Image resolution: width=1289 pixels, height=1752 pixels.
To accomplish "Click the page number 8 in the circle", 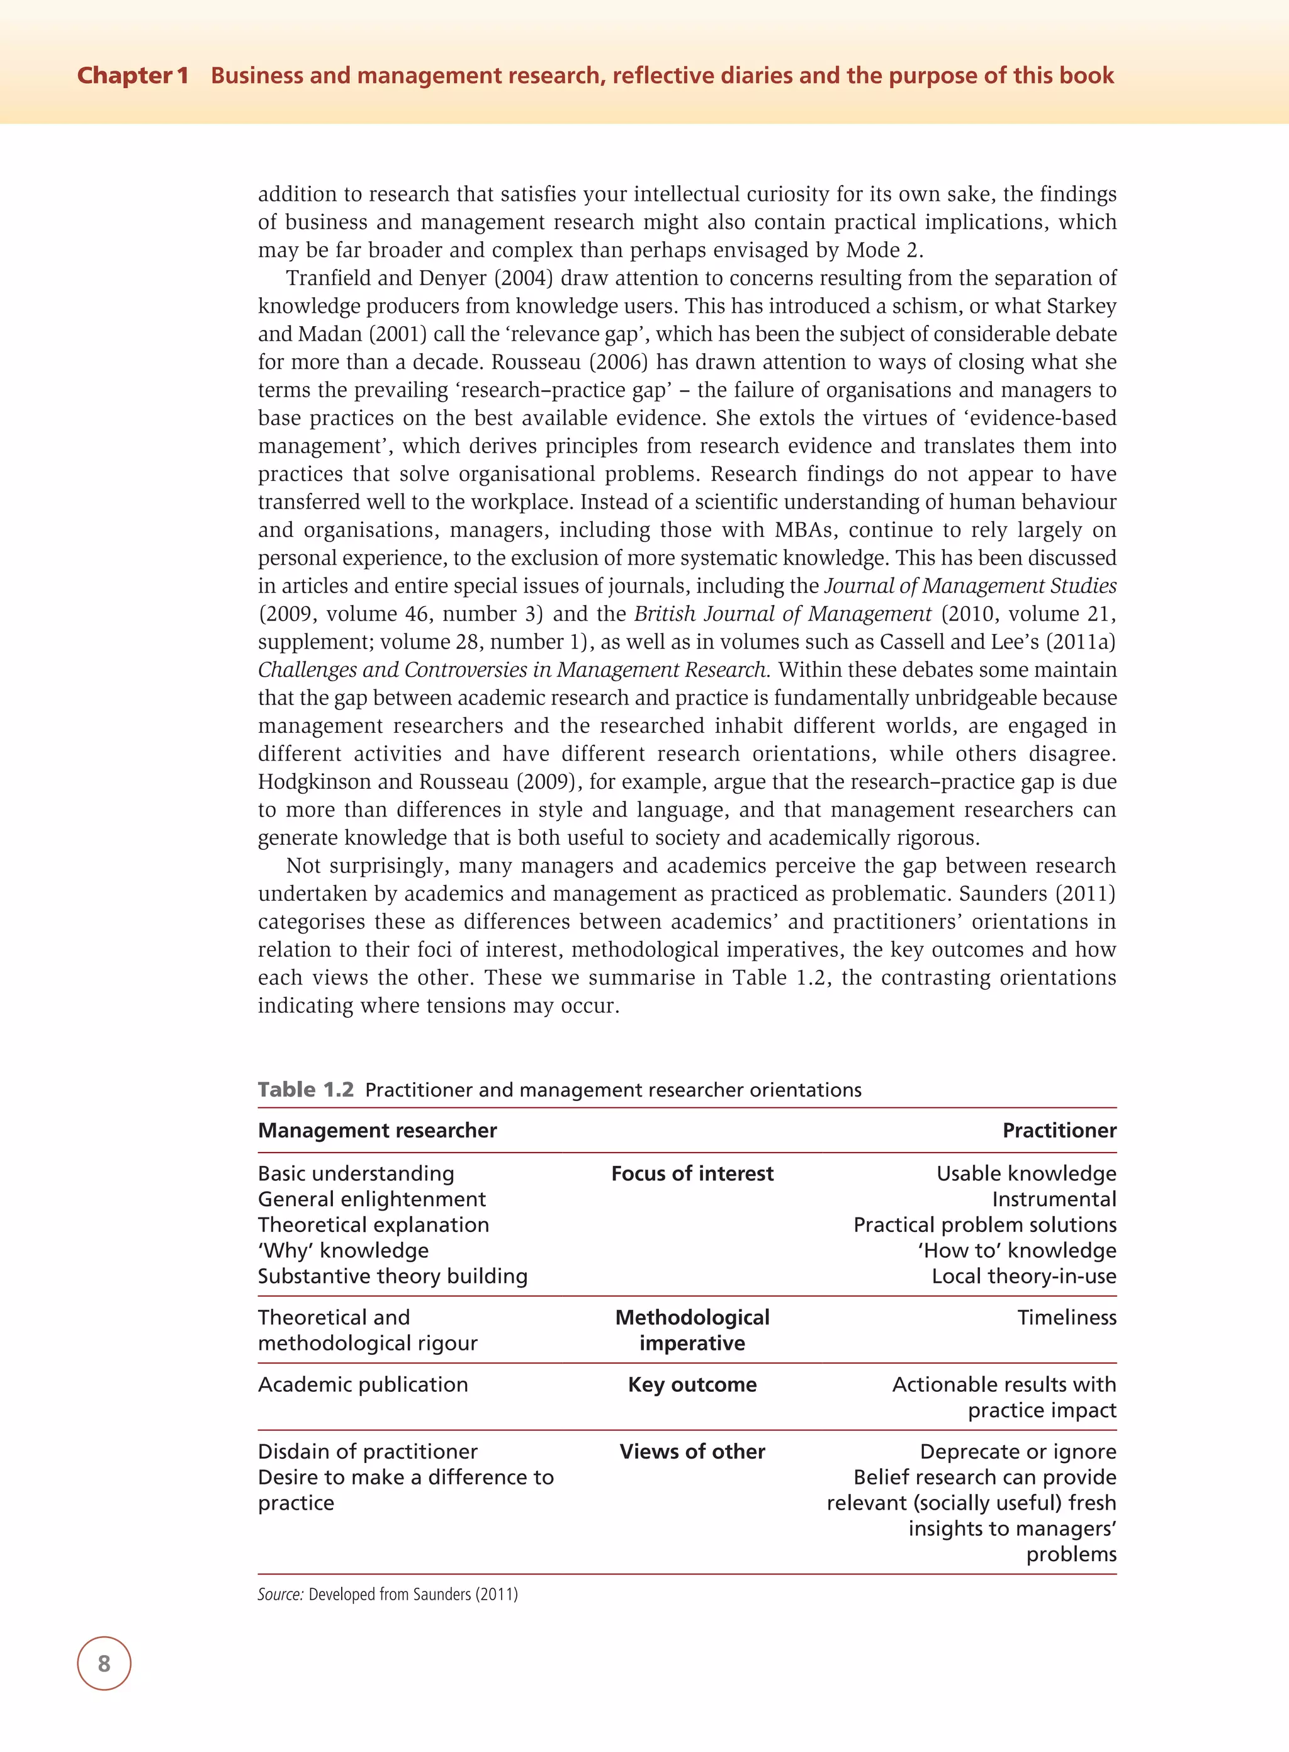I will point(104,1663).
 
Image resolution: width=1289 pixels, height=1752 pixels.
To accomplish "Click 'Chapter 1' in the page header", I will point(133,76).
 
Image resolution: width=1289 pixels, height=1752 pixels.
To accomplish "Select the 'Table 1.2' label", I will point(306,1090).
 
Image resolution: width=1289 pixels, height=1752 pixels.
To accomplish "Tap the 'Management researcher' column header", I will point(377,1130).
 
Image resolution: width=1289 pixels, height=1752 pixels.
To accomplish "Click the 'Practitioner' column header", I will point(1059,1130).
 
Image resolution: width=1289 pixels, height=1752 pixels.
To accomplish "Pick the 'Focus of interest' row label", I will point(692,1173).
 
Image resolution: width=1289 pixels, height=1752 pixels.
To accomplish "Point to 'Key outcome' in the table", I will point(692,1384).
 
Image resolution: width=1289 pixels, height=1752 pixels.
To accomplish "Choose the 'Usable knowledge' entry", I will point(1025,1173).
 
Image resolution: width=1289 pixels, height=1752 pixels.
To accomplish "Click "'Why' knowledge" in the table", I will point(343,1250).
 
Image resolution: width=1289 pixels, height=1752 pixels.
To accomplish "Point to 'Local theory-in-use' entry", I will point(1023,1276).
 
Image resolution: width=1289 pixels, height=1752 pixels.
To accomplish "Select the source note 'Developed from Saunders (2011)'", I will point(413,1593).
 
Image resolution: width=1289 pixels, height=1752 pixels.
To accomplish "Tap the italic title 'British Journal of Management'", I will point(782,613).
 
